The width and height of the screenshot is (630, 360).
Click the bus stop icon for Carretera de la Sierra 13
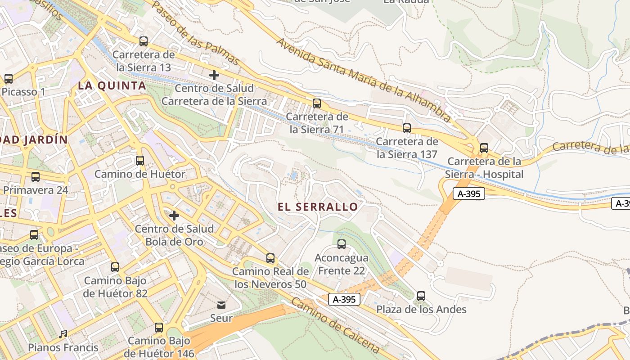(x=144, y=41)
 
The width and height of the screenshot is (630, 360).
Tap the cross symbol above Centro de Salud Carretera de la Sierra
(x=214, y=75)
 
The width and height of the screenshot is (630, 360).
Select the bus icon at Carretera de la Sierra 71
(x=317, y=103)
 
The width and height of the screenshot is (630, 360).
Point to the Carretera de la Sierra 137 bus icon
(x=407, y=128)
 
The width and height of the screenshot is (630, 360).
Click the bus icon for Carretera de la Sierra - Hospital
(x=484, y=148)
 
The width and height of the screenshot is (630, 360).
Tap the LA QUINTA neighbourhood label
(x=112, y=86)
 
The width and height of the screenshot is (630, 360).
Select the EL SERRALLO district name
(x=318, y=207)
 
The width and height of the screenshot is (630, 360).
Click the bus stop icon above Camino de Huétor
(x=140, y=161)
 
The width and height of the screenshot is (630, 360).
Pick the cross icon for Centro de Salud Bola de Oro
(x=174, y=216)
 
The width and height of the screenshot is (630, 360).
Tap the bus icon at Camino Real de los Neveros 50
(x=270, y=258)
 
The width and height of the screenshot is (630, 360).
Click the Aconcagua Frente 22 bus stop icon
(x=342, y=244)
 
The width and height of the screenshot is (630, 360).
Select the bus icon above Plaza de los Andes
(x=421, y=296)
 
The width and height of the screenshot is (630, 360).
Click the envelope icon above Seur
(x=221, y=305)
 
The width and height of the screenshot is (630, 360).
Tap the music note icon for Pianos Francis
(x=63, y=334)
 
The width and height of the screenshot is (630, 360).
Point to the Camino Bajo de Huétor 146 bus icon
(x=159, y=328)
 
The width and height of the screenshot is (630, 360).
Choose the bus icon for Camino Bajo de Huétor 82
(x=115, y=267)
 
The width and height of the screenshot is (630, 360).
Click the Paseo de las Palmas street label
(x=196, y=32)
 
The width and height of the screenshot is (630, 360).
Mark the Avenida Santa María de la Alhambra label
(x=364, y=80)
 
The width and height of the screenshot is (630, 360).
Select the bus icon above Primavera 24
(x=36, y=177)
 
